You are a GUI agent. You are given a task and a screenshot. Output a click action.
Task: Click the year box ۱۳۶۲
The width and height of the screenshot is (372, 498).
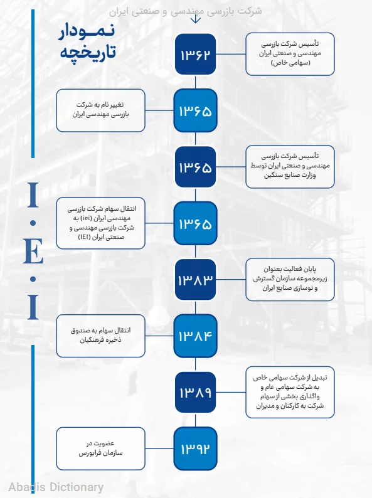tap(195, 55)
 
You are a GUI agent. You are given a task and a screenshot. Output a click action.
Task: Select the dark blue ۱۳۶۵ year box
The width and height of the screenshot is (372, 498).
tap(195, 167)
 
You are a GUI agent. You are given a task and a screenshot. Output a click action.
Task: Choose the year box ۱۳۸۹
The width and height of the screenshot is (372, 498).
tap(195, 393)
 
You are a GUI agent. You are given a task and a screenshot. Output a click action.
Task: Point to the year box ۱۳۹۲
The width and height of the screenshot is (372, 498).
tap(195, 448)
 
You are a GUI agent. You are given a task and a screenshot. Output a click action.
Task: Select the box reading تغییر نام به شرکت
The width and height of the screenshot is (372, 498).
tap(100, 111)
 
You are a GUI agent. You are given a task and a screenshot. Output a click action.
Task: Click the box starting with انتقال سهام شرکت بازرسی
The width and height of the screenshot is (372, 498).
tap(100, 223)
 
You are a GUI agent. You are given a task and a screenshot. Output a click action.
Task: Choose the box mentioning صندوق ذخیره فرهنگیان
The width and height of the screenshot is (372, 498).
tap(100, 336)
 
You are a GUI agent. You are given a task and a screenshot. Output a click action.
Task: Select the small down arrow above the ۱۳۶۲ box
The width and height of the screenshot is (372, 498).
tap(195, 19)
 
